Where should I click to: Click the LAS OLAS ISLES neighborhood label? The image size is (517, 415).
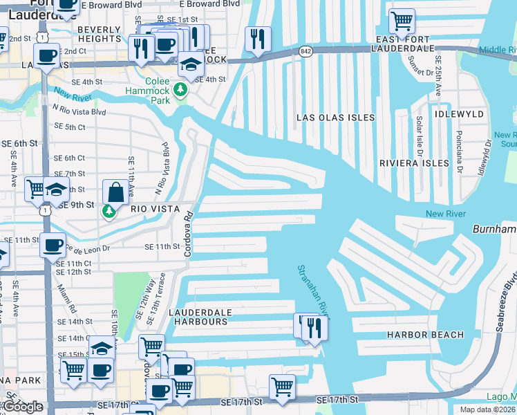[335, 118]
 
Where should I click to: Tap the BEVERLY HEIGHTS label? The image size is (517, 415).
[100, 35]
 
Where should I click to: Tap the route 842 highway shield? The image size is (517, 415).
[306, 52]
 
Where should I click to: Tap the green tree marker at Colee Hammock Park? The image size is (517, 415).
[180, 90]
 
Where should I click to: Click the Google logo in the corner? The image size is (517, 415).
[23, 406]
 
